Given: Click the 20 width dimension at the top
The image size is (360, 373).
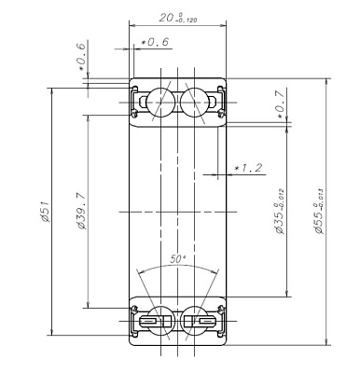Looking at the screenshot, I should point(167,19).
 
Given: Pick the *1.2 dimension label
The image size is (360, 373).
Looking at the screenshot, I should point(247,169).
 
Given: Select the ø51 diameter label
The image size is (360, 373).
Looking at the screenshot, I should point(44,213).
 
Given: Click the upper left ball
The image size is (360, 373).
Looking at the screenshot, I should point(159,101).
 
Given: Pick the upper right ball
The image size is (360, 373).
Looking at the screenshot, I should point(194,101).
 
